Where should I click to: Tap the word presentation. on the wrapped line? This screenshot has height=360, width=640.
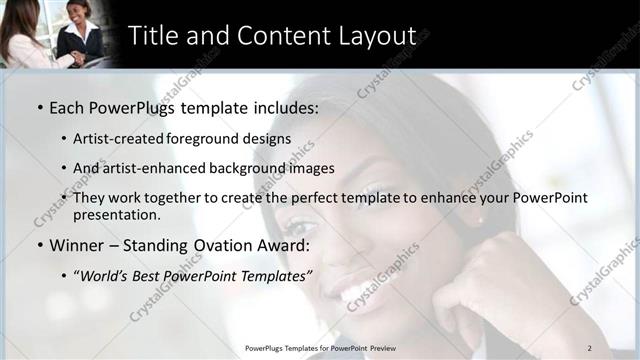(116, 215)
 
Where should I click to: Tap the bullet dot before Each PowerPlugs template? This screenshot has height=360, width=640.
(39, 106)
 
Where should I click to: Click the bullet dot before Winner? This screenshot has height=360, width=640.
(39, 245)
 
